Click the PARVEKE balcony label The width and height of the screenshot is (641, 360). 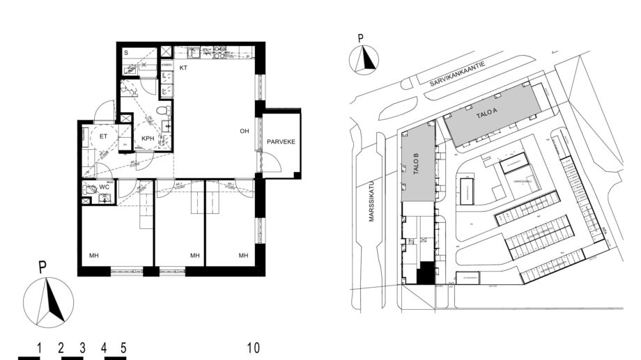[x=281, y=142]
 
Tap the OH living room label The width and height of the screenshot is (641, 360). [x=245, y=130]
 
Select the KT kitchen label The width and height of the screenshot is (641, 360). [x=184, y=68]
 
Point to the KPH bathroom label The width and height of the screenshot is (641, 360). [x=148, y=139]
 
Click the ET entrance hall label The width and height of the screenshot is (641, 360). [x=103, y=137]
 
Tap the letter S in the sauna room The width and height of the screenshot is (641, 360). [x=126, y=53]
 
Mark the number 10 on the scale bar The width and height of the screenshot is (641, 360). [x=253, y=347]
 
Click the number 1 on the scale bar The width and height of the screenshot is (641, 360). [x=40, y=347]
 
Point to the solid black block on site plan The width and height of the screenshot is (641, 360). [x=424, y=274]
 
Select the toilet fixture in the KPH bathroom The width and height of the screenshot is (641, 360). [x=161, y=111]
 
